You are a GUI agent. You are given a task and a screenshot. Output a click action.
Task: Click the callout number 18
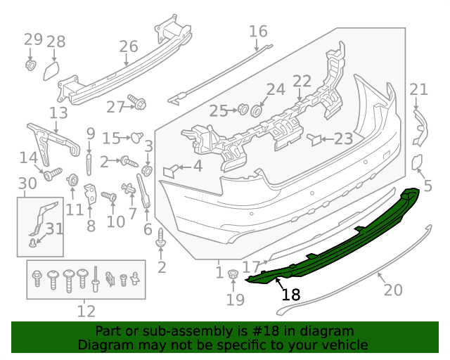pos(290,295)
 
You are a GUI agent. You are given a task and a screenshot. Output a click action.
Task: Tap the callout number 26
pos(128,46)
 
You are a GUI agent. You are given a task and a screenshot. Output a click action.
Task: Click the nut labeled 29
pos(31,65)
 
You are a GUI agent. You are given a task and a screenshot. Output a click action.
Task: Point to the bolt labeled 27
pos(138,103)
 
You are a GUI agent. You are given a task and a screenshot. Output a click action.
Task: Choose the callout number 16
pos(258,31)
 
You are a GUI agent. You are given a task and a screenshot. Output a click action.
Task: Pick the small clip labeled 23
pos(314,139)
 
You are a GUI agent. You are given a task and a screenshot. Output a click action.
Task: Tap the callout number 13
pos(58,112)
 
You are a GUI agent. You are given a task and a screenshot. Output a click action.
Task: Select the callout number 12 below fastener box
pos(86,310)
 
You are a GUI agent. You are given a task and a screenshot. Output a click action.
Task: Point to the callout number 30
pos(27,184)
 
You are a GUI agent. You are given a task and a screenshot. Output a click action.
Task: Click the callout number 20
pos(392,290)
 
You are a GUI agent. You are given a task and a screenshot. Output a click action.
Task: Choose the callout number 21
pos(418,89)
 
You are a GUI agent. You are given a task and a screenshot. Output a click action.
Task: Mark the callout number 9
pos(90,133)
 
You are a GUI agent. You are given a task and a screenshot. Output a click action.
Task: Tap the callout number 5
pos(427,186)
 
